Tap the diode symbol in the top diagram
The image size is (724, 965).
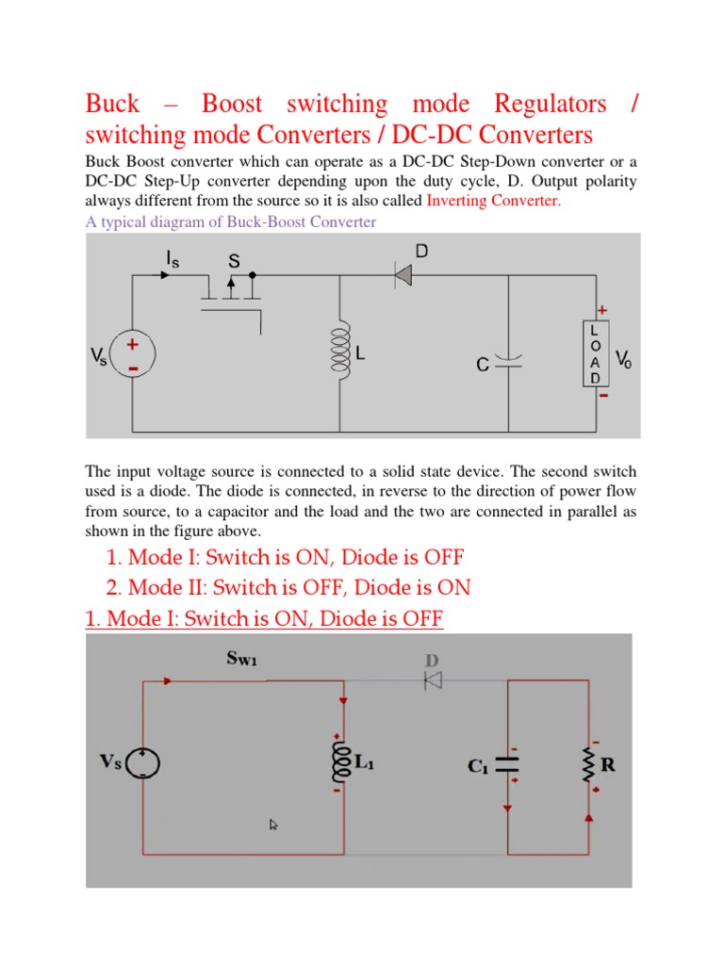coord(403,275)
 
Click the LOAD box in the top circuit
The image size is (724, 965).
coord(595,354)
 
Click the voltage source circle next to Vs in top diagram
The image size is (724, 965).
coord(132,355)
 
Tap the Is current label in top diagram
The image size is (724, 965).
coord(173,256)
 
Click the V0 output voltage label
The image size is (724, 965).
coord(624,358)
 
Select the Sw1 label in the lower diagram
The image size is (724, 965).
coord(241,659)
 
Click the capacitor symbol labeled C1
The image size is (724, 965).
coord(509,764)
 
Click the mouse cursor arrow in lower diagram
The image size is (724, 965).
coord(273,825)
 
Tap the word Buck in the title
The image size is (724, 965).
coord(112,104)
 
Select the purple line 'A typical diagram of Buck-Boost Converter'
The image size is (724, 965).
coord(231,221)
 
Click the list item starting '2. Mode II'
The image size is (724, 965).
coord(288,587)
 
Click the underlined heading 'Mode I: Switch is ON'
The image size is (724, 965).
coord(264,619)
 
